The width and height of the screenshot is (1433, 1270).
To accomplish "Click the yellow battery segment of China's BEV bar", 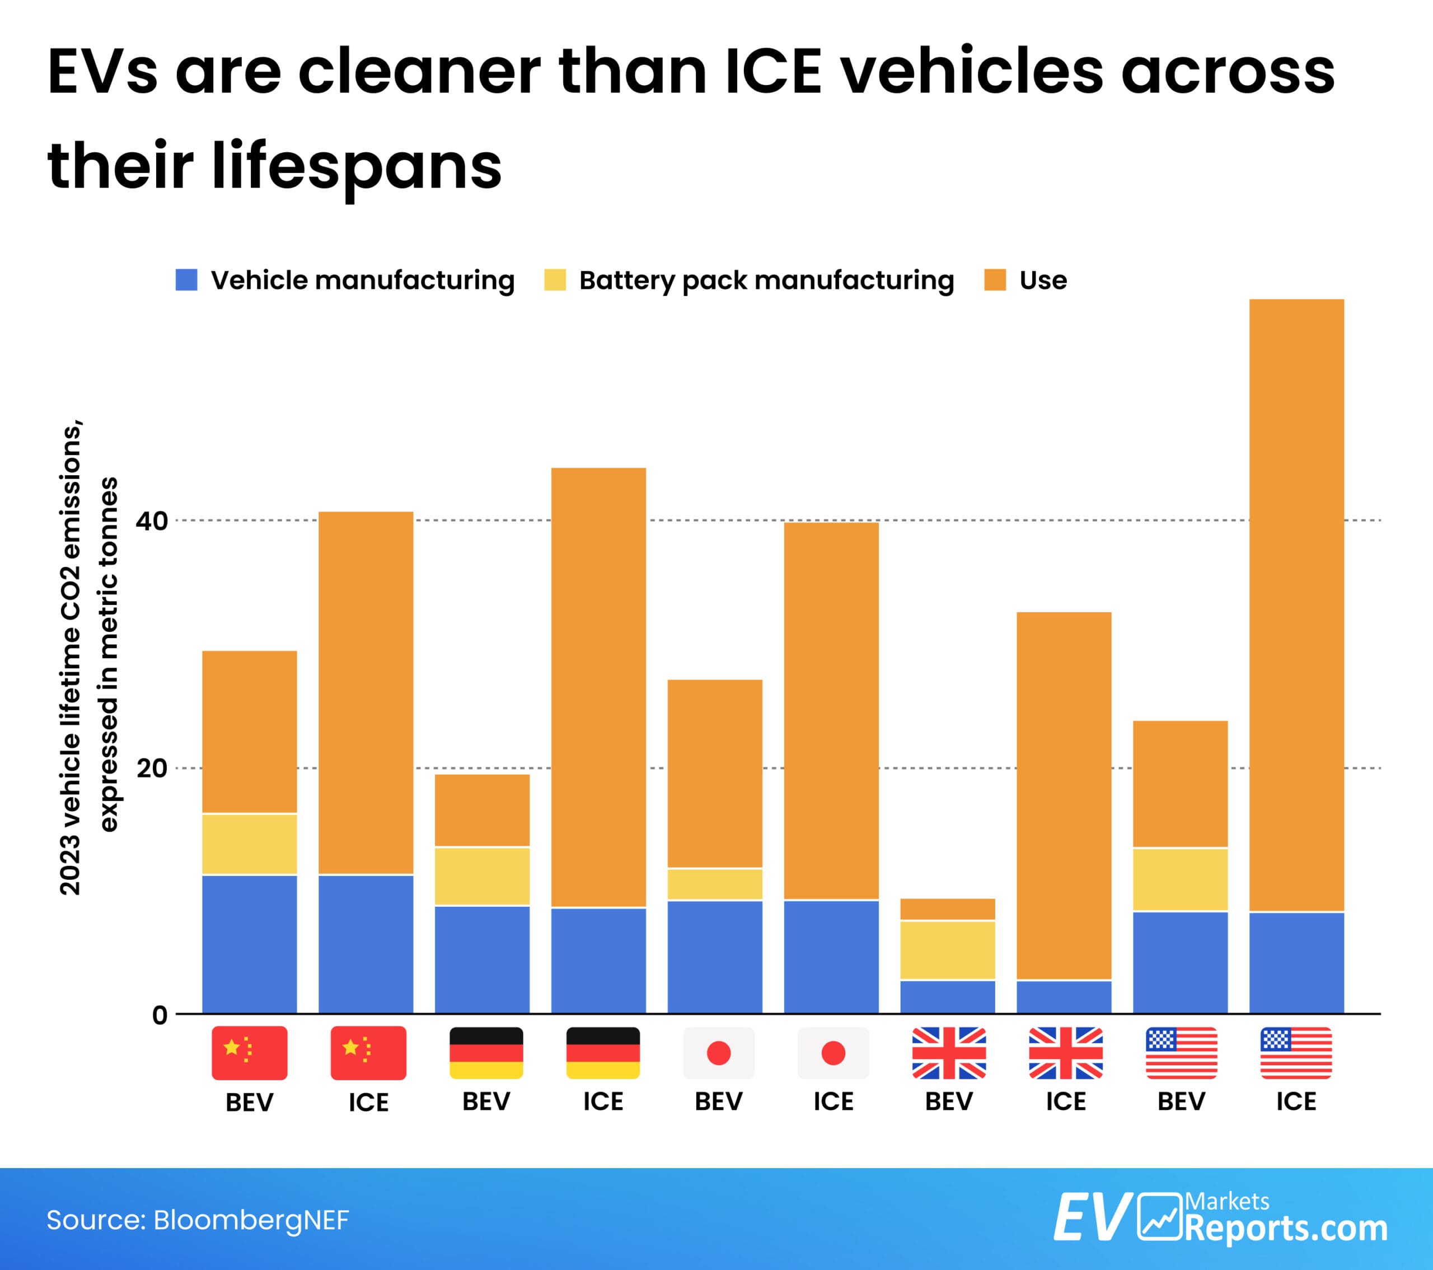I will (250, 844).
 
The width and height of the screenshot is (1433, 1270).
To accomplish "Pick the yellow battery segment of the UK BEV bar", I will (947, 950).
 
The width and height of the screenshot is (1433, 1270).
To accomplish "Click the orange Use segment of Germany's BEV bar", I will (483, 809).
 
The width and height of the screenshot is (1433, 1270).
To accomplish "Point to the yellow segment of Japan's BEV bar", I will (714, 884).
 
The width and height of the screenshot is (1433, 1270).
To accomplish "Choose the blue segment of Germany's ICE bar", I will (598, 960).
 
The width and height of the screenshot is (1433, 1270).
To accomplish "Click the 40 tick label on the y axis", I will (152, 521).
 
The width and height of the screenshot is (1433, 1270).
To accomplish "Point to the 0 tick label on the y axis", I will (160, 1015).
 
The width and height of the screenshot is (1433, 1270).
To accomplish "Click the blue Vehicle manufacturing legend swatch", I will (186, 280).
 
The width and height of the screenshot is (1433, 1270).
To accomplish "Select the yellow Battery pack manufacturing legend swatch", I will (555, 280).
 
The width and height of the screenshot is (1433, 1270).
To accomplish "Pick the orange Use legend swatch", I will (995, 280).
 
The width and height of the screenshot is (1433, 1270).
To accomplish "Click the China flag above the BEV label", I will (250, 1053).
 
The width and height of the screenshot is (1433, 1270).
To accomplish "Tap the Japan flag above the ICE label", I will (833, 1053).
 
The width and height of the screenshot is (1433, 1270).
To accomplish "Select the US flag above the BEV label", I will (1181, 1053).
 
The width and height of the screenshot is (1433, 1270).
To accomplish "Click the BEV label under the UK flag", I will (949, 1101).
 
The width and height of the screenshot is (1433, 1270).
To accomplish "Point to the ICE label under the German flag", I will (603, 1101).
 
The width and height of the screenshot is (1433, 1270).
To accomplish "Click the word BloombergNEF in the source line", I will (251, 1220).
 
